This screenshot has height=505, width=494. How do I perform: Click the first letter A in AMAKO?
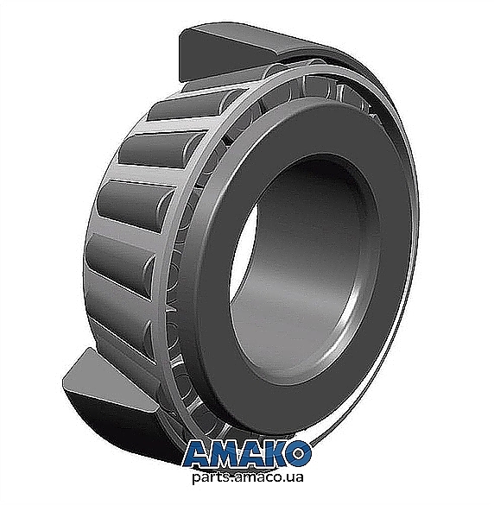pos(199,454)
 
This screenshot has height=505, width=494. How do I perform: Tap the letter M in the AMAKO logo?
pos(227,454)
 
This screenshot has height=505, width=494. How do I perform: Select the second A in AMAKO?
pos(254,454)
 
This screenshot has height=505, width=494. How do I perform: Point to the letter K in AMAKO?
pos(277,454)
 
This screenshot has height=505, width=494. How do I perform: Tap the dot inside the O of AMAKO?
pos(299,454)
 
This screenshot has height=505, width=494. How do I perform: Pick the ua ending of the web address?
pos(294,477)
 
